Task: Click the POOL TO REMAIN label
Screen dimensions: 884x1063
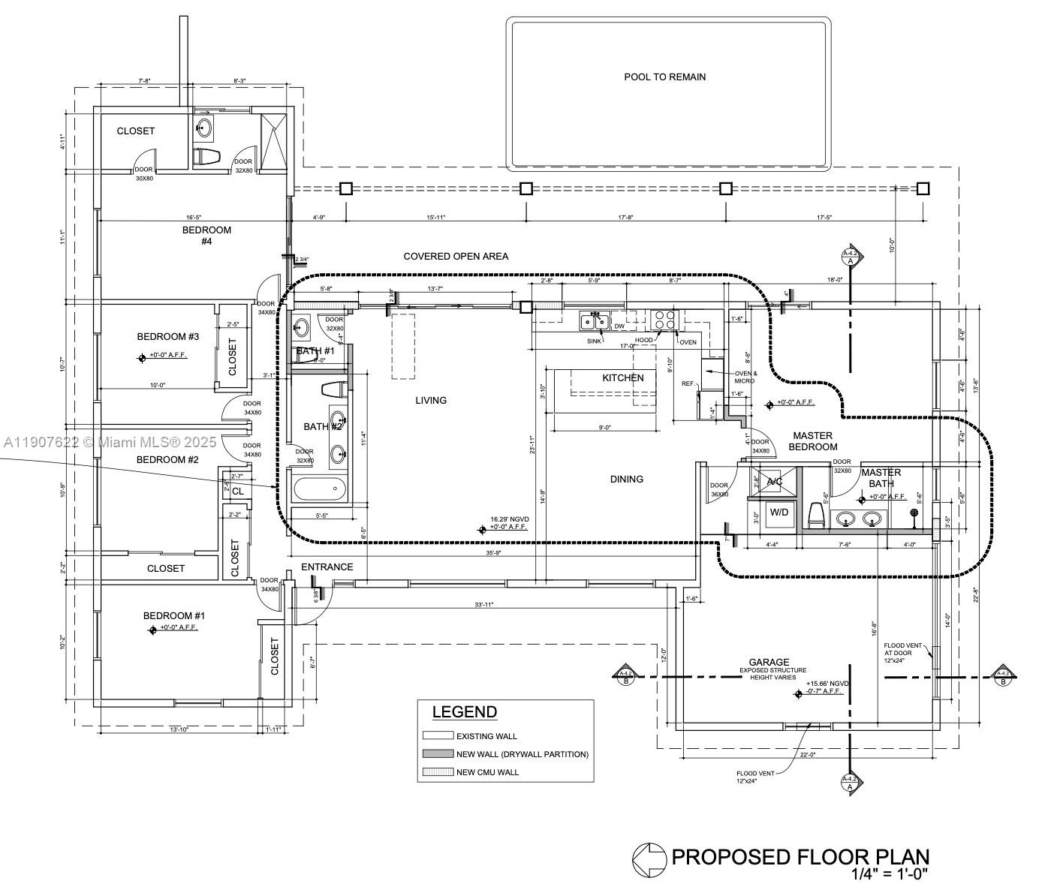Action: coord(664,77)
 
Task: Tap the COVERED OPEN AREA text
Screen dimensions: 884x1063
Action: coord(456,257)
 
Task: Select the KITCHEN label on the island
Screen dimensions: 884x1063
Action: coord(622,377)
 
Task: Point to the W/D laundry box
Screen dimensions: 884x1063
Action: coord(779,513)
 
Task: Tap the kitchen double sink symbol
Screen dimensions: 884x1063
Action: coord(595,322)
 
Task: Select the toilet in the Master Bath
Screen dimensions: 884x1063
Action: coord(816,515)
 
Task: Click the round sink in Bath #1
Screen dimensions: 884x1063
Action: coord(301,326)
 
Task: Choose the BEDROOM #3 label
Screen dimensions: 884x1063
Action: coord(167,336)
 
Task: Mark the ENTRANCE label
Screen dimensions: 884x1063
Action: coord(327,567)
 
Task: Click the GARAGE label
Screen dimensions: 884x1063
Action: coord(769,662)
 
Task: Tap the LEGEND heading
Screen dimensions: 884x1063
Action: coord(464,712)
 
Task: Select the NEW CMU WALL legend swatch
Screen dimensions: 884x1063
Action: coord(438,772)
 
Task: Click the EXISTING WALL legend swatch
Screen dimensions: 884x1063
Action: coord(438,736)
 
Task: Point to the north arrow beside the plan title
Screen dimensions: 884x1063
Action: coord(649,859)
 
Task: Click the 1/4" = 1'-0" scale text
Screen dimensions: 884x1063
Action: coord(890,873)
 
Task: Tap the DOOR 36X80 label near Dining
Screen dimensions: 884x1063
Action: coord(719,490)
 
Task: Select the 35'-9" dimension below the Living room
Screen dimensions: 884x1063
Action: coord(492,553)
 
